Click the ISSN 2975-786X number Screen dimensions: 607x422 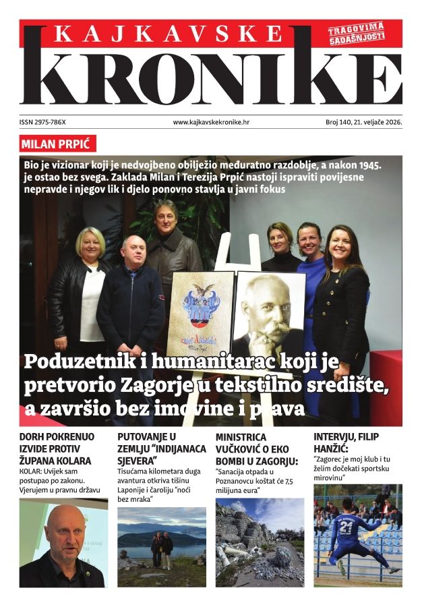[x=47, y=123]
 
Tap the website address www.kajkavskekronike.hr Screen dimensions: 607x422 [x=211, y=123]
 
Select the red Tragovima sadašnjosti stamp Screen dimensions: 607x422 [x=357, y=33]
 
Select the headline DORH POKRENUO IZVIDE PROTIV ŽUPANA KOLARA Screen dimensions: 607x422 [x=57, y=449]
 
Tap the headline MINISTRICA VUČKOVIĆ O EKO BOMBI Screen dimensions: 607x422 [x=256, y=449]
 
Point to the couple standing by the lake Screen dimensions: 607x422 [x=161, y=548]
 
